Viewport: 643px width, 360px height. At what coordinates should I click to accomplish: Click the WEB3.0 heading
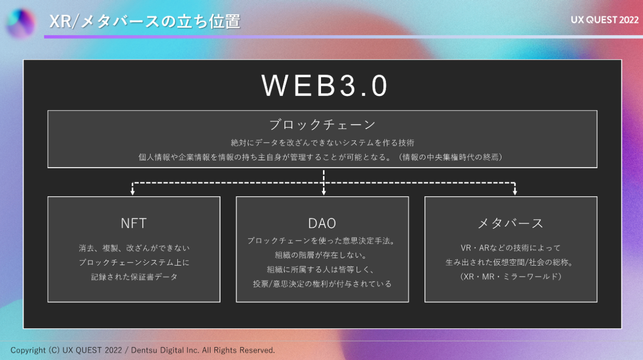(x=325, y=86)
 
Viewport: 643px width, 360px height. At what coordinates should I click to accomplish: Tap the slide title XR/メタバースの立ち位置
(x=145, y=22)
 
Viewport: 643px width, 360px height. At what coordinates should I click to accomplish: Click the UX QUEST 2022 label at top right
(x=605, y=20)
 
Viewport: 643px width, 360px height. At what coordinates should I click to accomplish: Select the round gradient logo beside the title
(x=21, y=23)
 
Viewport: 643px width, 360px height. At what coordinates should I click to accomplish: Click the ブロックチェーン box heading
(x=322, y=124)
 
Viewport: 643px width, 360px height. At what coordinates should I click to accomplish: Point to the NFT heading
(x=134, y=223)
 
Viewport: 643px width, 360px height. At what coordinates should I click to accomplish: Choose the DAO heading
(x=322, y=223)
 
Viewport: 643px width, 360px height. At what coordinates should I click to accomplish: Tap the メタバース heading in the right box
(x=510, y=223)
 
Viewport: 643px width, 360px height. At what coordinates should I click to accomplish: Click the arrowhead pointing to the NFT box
(x=133, y=191)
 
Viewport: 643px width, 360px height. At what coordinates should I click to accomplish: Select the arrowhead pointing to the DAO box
(x=324, y=191)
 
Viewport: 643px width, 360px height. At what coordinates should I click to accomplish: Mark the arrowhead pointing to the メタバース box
(x=515, y=191)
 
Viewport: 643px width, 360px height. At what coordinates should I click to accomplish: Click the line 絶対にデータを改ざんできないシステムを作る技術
(x=322, y=143)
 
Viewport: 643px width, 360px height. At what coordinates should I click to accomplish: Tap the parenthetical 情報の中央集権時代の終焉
(x=452, y=157)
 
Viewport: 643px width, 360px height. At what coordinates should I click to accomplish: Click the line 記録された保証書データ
(x=134, y=277)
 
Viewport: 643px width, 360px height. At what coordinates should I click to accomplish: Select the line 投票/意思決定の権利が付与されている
(x=322, y=284)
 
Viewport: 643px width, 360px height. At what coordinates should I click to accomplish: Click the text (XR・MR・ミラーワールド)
(x=511, y=277)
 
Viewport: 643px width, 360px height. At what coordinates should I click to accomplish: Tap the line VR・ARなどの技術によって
(x=510, y=248)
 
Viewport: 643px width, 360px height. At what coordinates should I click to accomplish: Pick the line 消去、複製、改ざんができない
(x=134, y=248)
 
